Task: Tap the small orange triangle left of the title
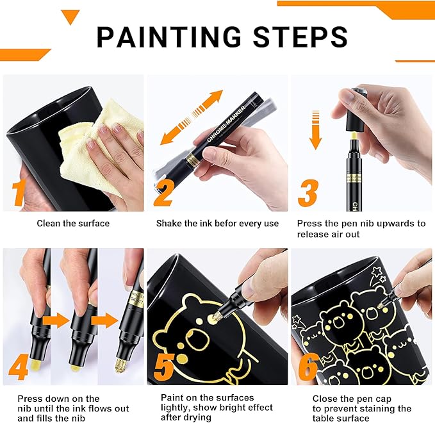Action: [70, 17]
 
